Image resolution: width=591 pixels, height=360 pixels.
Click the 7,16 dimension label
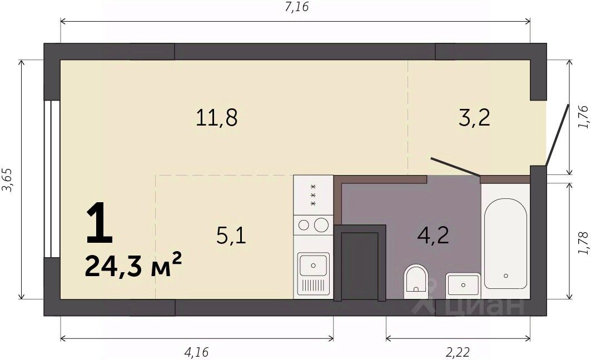[297, 7]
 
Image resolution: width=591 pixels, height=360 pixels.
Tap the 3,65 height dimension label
[8, 180]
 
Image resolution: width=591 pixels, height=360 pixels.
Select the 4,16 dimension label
[196, 352]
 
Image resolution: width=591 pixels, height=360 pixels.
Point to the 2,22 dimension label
[458, 352]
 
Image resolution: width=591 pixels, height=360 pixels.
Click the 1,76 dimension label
[583, 117]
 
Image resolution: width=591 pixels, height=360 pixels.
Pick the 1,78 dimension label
[583, 243]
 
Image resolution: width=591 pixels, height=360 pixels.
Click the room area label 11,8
[217, 117]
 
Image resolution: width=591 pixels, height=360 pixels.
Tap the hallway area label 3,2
[475, 117]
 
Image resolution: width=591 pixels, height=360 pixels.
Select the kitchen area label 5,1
[231, 236]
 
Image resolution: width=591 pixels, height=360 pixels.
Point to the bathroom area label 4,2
[433, 236]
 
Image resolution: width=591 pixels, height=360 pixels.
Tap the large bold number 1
[100, 222]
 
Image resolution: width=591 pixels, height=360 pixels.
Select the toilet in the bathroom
[415, 281]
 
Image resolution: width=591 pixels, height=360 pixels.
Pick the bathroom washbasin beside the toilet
[463, 284]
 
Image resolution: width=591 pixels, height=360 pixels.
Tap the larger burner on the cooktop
[321, 225]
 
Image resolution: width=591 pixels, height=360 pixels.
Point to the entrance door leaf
[558, 135]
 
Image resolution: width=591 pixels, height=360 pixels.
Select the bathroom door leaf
[455, 167]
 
